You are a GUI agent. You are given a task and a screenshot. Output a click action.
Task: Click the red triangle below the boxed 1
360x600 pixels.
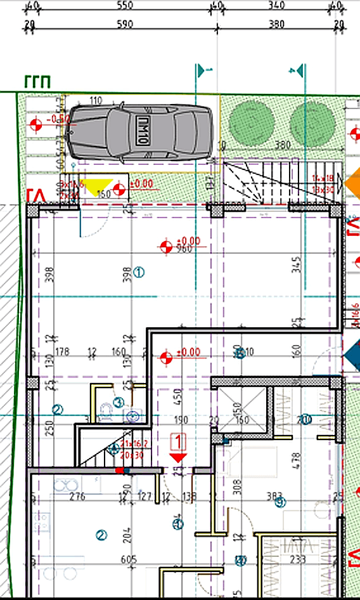[178, 456]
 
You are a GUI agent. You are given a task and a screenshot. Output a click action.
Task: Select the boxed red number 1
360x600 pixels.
[179, 440]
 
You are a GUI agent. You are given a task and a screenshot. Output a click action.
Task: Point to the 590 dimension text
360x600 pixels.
[125, 25]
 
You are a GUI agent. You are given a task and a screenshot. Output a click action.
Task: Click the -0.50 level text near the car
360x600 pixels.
[60, 119]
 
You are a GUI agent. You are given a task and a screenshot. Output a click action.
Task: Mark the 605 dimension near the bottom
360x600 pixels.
[129, 559]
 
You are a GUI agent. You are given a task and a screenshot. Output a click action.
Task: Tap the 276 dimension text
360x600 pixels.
[77, 496]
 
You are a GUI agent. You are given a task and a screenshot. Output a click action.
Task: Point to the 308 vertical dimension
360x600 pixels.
[220, 488]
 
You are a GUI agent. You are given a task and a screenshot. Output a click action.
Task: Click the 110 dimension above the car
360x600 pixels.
[96, 101]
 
